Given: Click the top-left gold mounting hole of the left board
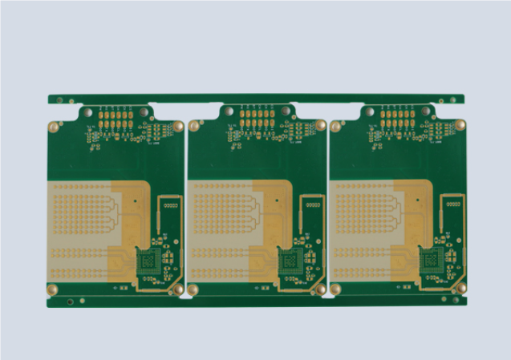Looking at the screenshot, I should (55, 126).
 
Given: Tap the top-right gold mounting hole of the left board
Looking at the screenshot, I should (178, 126).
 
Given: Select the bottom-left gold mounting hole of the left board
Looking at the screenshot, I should (55, 289).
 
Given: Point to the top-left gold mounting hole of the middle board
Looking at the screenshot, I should (195, 126).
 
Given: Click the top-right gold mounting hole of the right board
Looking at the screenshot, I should (460, 125).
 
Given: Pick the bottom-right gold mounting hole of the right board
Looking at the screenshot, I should (460, 289).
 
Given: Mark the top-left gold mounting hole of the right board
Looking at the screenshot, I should (336, 126).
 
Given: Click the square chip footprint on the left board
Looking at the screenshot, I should (148, 262).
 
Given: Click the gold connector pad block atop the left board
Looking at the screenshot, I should (116, 119).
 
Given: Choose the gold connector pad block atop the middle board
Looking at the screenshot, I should (257, 119).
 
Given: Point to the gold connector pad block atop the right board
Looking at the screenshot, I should (397, 119).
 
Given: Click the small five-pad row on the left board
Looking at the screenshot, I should (169, 205).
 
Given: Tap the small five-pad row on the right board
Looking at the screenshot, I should (452, 205).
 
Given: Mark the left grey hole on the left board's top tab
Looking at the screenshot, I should (85, 112).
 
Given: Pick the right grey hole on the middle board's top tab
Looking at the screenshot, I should (285, 111).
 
